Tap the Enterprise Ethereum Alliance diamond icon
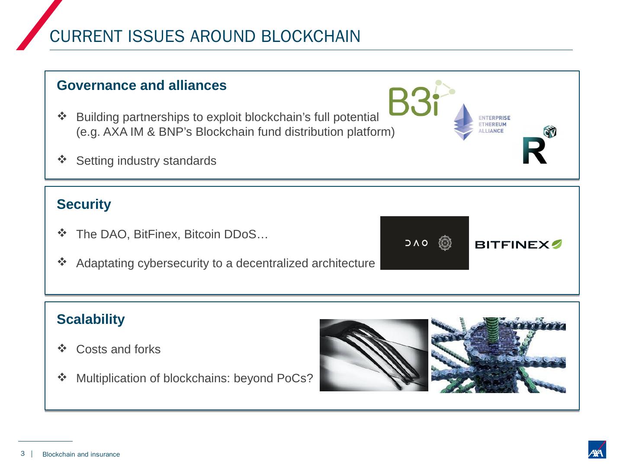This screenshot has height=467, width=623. click(463, 122)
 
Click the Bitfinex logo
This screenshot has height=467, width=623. click(518, 245)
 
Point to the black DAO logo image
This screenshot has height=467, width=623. click(424, 243)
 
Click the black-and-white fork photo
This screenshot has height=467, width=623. click(374, 355)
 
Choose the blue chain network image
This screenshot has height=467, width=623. click(498, 355)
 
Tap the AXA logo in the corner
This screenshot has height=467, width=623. click(597, 450)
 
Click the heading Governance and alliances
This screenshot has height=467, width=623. click(141, 86)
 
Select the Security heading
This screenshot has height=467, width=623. click(84, 204)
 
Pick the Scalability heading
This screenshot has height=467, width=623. click(91, 319)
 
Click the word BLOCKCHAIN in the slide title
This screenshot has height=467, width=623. click(311, 37)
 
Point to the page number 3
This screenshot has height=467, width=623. click(22, 454)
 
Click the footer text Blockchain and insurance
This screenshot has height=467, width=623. click(81, 454)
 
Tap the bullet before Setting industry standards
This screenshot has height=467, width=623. click(62, 160)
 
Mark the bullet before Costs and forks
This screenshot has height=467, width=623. click(62, 348)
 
